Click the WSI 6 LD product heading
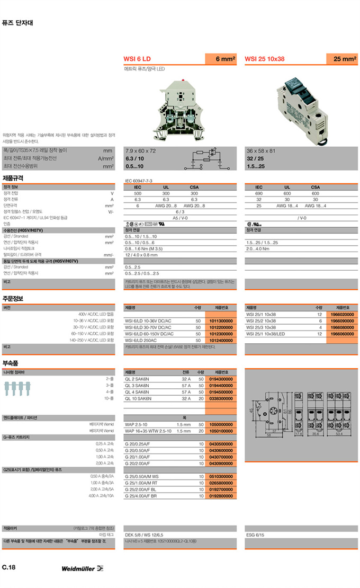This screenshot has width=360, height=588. (x=137, y=59)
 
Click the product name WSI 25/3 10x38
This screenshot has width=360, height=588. (x=261, y=327)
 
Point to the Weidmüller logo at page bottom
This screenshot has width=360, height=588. (x=82, y=568)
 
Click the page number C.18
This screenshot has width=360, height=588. (x=9, y=567)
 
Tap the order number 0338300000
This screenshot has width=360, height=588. (x=221, y=398)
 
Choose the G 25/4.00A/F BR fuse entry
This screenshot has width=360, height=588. (x=141, y=496)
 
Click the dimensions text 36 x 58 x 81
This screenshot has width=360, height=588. (x=260, y=151)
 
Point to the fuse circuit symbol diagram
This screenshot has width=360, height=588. (x=207, y=158)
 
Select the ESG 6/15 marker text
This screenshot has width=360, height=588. (x=255, y=535)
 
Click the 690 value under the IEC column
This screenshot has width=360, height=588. (x=259, y=194)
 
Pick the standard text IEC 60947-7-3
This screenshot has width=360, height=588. (x=139, y=181)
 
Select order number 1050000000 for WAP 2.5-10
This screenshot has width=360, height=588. (x=221, y=425)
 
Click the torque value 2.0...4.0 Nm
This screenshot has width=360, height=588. (x=258, y=248)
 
